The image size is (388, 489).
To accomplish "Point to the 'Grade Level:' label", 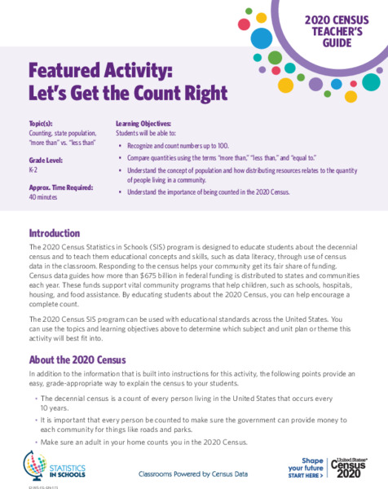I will click(x=47, y=161).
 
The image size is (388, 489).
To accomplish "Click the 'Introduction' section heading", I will click(x=55, y=232).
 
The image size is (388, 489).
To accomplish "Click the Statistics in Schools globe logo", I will click(x=38, y=464).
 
